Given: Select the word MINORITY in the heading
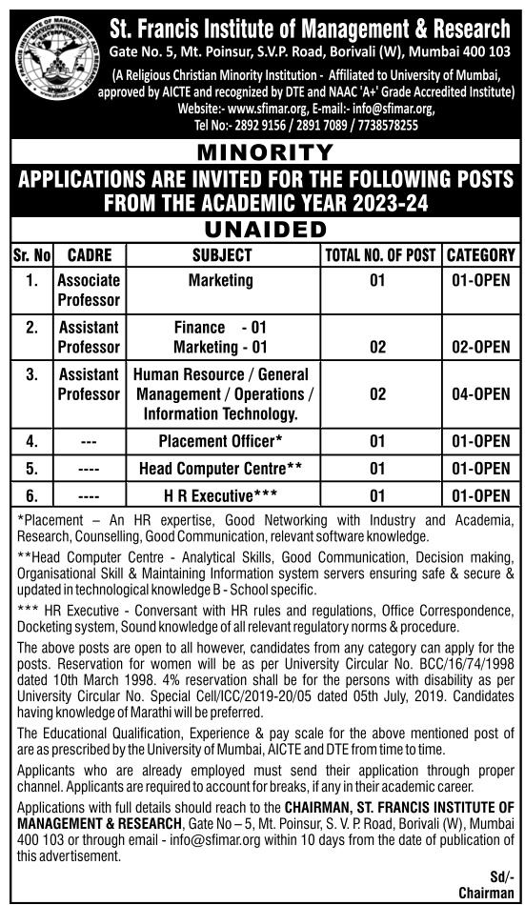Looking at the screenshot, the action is (264, 152).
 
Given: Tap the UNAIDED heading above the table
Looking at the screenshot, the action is (264, 231).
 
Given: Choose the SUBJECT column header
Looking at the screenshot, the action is (222, 255).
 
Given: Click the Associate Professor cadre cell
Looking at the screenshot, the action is (89, 291).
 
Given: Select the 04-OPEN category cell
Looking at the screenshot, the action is (481, 393).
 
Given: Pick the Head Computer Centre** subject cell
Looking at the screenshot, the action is (221, 469).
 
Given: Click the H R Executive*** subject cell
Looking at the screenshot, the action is (221, 495).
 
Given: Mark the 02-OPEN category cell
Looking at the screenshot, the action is (481, 348).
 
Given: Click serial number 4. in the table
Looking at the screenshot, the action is (32, 441).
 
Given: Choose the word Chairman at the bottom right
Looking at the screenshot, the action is (486, 893).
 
